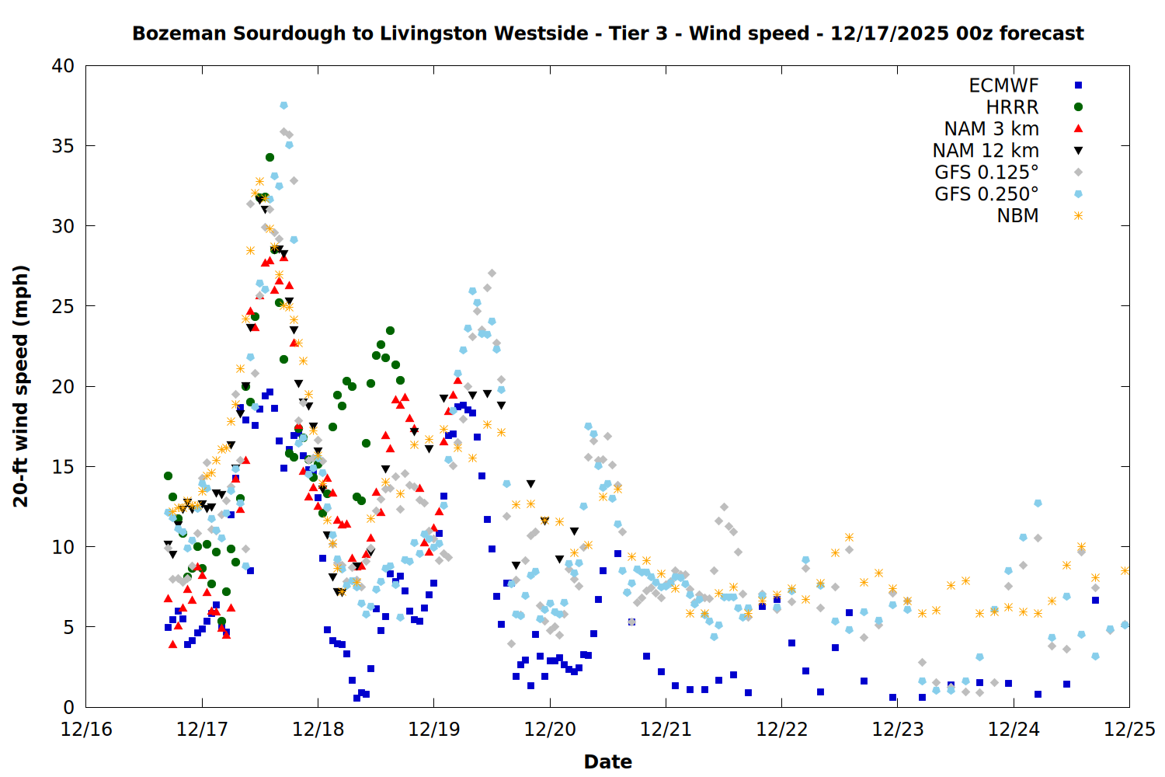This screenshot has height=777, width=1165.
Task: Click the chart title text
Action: coord(607,33)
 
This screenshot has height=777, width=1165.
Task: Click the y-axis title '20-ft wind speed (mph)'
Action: coord(21,386)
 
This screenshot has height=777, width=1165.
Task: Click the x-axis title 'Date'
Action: coord(607,761)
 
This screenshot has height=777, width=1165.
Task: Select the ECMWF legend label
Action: coord(1003,85)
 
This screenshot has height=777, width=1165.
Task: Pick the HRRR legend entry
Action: coord(1012,107)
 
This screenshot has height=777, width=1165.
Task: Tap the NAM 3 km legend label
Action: coord(991,129)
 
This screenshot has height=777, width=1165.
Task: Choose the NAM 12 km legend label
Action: coord(986,151)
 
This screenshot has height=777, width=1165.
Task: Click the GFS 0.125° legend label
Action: coord(986,172)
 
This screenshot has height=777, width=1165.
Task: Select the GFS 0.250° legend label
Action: coord(986,194)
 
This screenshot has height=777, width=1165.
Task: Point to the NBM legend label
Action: coord(1017,216)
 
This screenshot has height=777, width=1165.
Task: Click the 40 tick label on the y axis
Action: coord(63,66)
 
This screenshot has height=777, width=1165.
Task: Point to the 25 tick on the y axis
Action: coord(63,306)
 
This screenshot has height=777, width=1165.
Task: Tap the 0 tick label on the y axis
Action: coord(68,707)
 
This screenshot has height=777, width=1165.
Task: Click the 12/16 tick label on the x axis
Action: coord(86,730)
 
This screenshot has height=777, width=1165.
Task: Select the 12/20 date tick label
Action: coord(550,730)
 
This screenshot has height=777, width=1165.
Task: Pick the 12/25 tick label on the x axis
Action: coord(1129,730)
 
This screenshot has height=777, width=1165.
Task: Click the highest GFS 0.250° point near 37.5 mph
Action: coord(283,105)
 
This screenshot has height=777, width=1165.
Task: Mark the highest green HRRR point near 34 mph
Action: coord(270,157)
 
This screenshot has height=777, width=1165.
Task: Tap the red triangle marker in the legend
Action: coord(1078,129)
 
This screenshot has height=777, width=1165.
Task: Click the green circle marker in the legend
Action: coord(1078,107)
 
